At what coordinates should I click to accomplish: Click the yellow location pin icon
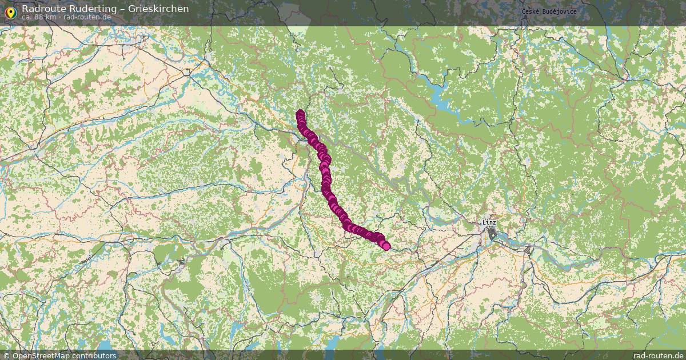coord(10,11)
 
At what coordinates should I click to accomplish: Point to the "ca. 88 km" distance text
coord(39,17)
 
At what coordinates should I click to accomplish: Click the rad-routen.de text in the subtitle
coord(87,17)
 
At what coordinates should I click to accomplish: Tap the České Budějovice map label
coord(549,11)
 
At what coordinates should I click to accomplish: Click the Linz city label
coord(489,222)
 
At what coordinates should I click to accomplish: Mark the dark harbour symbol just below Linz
coord(492,233)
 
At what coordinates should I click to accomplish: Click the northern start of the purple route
coord(300,113)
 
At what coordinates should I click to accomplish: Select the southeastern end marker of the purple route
coord(386,246)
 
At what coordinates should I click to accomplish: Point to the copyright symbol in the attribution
coord(6,355)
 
